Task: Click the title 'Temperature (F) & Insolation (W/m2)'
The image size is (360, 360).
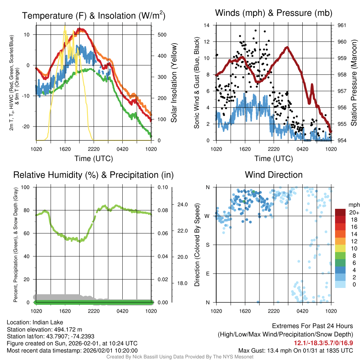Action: click(x=94, y=15)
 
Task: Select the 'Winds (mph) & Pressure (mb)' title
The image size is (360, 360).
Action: click(x=274, y=13)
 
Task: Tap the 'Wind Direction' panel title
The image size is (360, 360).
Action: click(x=274, y=175)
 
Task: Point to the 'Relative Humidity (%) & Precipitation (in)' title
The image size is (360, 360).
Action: click(x=93, y=175)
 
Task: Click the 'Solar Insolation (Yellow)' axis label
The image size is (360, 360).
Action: click(x=174, y=83)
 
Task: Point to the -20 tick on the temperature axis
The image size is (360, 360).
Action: click(x=29, y=127)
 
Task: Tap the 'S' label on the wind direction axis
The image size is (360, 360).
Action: click(x=207, y=245)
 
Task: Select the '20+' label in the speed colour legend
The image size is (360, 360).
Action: click(x=353, y=213)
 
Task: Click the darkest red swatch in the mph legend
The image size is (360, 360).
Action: click(x=340, y=212)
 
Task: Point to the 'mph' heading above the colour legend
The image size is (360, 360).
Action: click(x=353, y=205)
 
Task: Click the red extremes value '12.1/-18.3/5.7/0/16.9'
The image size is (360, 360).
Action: click(x=323, y=343)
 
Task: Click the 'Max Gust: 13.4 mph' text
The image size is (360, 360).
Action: click(x=261, y=351)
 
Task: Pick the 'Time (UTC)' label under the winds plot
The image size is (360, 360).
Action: click(x=274, y=159)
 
